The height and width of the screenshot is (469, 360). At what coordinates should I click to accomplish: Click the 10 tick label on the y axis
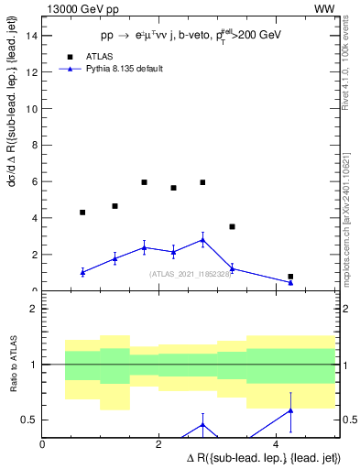(32, 109)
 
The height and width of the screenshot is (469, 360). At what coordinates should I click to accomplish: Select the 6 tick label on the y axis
(35, 181)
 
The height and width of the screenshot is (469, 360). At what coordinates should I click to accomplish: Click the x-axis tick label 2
(159, 444)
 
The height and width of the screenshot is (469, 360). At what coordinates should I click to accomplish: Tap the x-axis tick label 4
(276, 444)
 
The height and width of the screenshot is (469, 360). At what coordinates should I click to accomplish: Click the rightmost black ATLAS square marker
(290, 277)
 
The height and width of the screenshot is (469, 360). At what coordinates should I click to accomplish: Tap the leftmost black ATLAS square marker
(82, 213)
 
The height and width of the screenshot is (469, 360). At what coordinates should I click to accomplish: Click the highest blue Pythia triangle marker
(202, 240)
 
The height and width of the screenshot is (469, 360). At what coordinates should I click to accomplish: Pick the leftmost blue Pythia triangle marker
(82, 272)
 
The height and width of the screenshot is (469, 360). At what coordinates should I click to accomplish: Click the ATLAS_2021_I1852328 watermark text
(191, 274)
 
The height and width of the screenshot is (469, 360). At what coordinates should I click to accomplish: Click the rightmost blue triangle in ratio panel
(290, 410)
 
